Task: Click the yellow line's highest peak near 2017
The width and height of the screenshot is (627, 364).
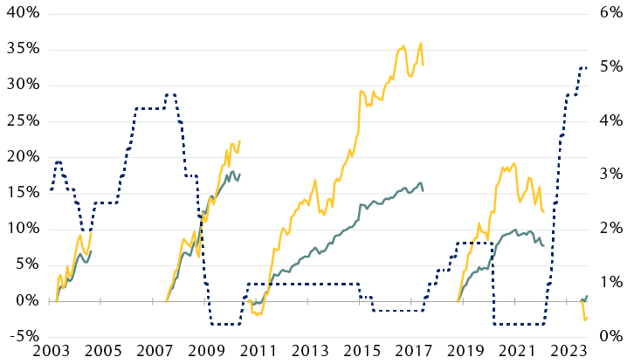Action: coord(421,43)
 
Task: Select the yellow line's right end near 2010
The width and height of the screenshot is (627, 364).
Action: coord(240,141)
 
